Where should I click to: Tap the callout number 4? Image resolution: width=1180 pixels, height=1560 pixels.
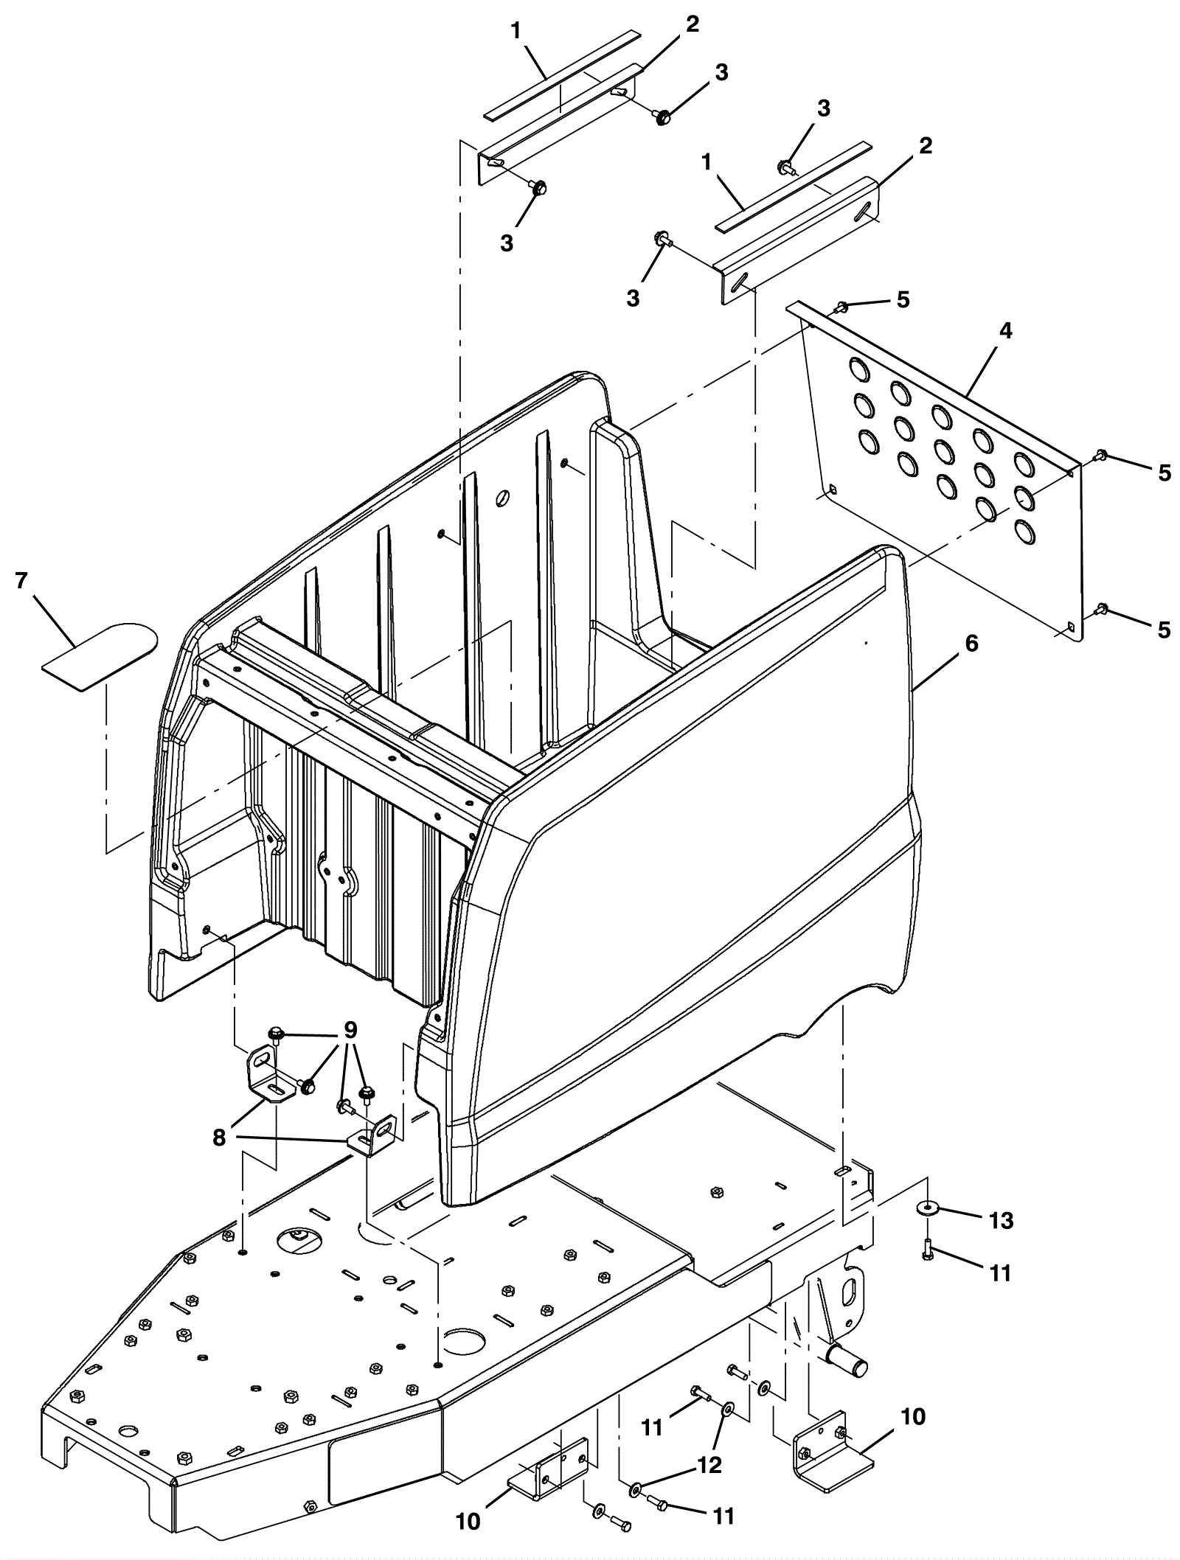tap(1005, 332)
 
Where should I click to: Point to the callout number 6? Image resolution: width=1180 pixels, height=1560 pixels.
tap(971, 644)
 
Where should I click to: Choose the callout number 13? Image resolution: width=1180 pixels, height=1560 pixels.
tap(1001, 1221)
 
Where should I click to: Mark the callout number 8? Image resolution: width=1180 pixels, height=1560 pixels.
tap(219, 1138)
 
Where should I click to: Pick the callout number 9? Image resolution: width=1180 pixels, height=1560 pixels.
tap(350, 1029)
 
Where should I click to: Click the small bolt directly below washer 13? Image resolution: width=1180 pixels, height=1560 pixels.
tap(928, 1248)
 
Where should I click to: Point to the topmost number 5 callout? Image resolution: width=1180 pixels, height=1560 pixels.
tap(903, 300)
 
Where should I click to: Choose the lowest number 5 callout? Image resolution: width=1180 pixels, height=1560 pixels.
tap(1164, 630)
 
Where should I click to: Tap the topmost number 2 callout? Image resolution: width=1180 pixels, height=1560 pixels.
tap(691, 24)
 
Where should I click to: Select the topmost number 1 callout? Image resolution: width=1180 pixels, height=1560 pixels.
tap(516, 31)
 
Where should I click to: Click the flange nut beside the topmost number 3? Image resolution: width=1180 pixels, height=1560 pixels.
tap(662, 116)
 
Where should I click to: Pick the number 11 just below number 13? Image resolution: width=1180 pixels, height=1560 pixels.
tap(1000, 1273)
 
